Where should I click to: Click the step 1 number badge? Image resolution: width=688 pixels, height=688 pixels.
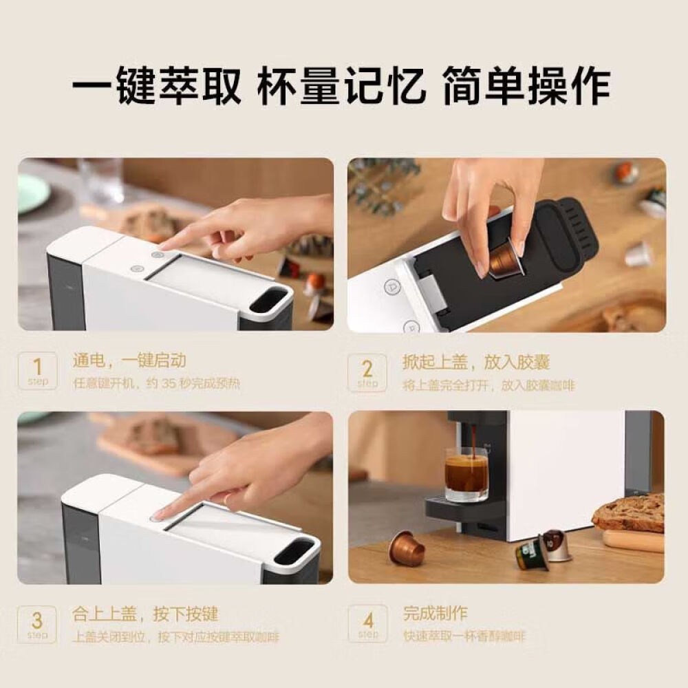[x=37, y=371]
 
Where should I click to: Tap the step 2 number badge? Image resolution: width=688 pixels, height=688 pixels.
[x=367, y=372]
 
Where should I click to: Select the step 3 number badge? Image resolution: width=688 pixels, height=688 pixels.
[x=37, y=625]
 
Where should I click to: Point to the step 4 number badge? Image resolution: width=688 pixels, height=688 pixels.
[x=367, y=623]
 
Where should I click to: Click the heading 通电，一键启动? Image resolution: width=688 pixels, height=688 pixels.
[x=129, y=361]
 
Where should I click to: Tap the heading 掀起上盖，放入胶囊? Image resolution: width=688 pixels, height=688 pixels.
[x=476, y=363]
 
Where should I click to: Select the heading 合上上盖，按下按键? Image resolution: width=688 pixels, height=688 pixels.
[x=145, y=614]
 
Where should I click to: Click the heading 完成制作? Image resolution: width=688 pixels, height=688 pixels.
[x=436, y=613]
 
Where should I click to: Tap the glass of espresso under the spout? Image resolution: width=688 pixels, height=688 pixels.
[x=466, y=475]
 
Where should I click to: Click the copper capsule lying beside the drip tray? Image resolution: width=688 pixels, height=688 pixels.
[x=407, y=548]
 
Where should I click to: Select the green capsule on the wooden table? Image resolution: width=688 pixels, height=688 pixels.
[x=532, y=555]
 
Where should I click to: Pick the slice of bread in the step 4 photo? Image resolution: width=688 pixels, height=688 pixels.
[x=629, y=513]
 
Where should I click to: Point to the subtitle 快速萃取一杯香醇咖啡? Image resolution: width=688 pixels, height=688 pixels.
[x=464, y=636]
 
